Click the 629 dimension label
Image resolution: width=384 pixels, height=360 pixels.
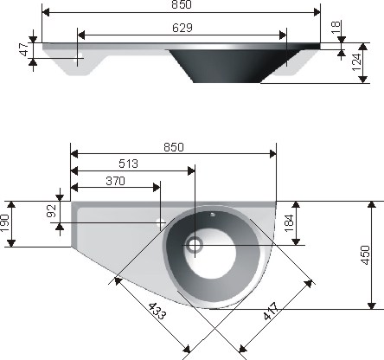pyautogui.click(x=182, y=28)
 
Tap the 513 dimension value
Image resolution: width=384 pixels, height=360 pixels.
pyautogui.click(x=129, y=164)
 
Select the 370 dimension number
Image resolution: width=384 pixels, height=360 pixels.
pyautogui.click(x=115, y=181)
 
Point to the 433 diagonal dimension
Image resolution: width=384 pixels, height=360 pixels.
pyautogui.click(x=157, y=311)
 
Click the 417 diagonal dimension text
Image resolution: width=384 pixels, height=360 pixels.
pyautogui.click(x=272, y=311)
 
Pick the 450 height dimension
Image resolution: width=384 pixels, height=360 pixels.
pyautogui.click(x=365, y=255)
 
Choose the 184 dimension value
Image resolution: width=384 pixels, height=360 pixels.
pyautogui.click(x=289, y=222)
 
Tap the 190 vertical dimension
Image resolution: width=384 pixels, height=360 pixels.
pyautogui.click(x=5, y=223)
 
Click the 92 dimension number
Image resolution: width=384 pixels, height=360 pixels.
pyautogui.click(x=51, y=210)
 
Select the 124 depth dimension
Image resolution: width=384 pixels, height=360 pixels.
pyautogui.click(x=356, y=62)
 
